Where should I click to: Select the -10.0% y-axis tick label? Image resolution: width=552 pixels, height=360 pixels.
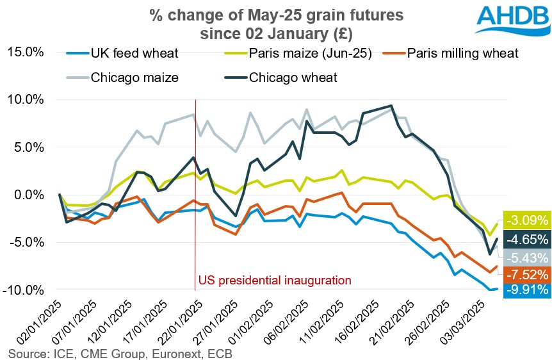coord(25,290)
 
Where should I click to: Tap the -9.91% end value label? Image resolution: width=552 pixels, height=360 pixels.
coord(527,290)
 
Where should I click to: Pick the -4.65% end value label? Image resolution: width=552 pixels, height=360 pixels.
coord(527,240)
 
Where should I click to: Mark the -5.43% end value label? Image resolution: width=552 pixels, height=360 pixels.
coord(527,258)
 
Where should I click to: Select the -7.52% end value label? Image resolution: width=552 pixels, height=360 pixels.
coord(527,274)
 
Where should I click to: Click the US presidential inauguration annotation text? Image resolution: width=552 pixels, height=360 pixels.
coord(275,280)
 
